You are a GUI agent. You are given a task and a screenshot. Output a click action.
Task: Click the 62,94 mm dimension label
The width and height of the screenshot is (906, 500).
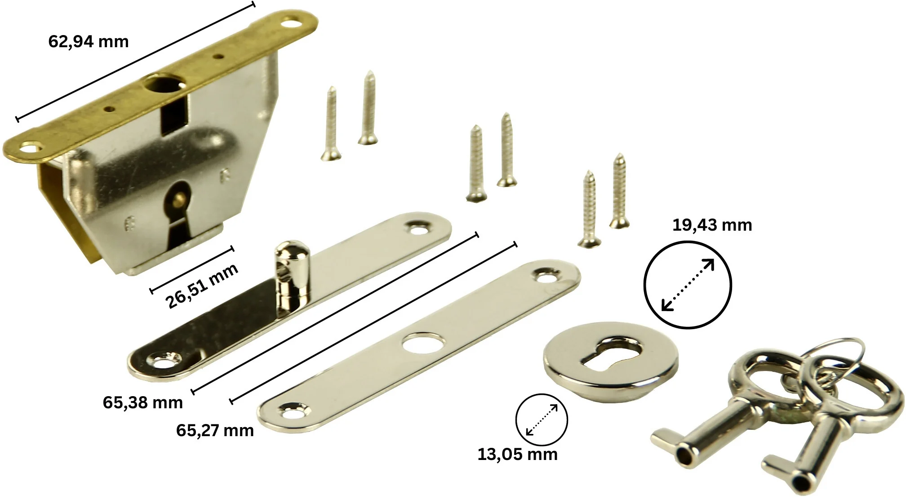click(x=89, y=42)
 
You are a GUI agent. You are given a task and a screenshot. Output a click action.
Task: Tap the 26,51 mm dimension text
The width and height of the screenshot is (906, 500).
click(x=202, y=286)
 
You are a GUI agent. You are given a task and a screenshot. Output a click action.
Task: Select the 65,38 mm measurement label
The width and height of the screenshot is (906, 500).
click(x=143, y=402)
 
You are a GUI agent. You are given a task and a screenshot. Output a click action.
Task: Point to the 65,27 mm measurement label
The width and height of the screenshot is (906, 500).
click(x=215, y=431)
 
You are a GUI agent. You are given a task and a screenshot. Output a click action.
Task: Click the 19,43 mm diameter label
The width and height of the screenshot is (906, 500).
click(x=712, y=225)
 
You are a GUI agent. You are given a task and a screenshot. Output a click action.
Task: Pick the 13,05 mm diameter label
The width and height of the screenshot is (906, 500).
click(x=517, y=455)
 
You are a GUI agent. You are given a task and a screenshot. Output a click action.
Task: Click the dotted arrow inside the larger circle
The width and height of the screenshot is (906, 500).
click(x=688, y=285)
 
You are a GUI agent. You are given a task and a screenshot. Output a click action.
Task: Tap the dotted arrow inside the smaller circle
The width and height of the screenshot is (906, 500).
click(x=542, y=420)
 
